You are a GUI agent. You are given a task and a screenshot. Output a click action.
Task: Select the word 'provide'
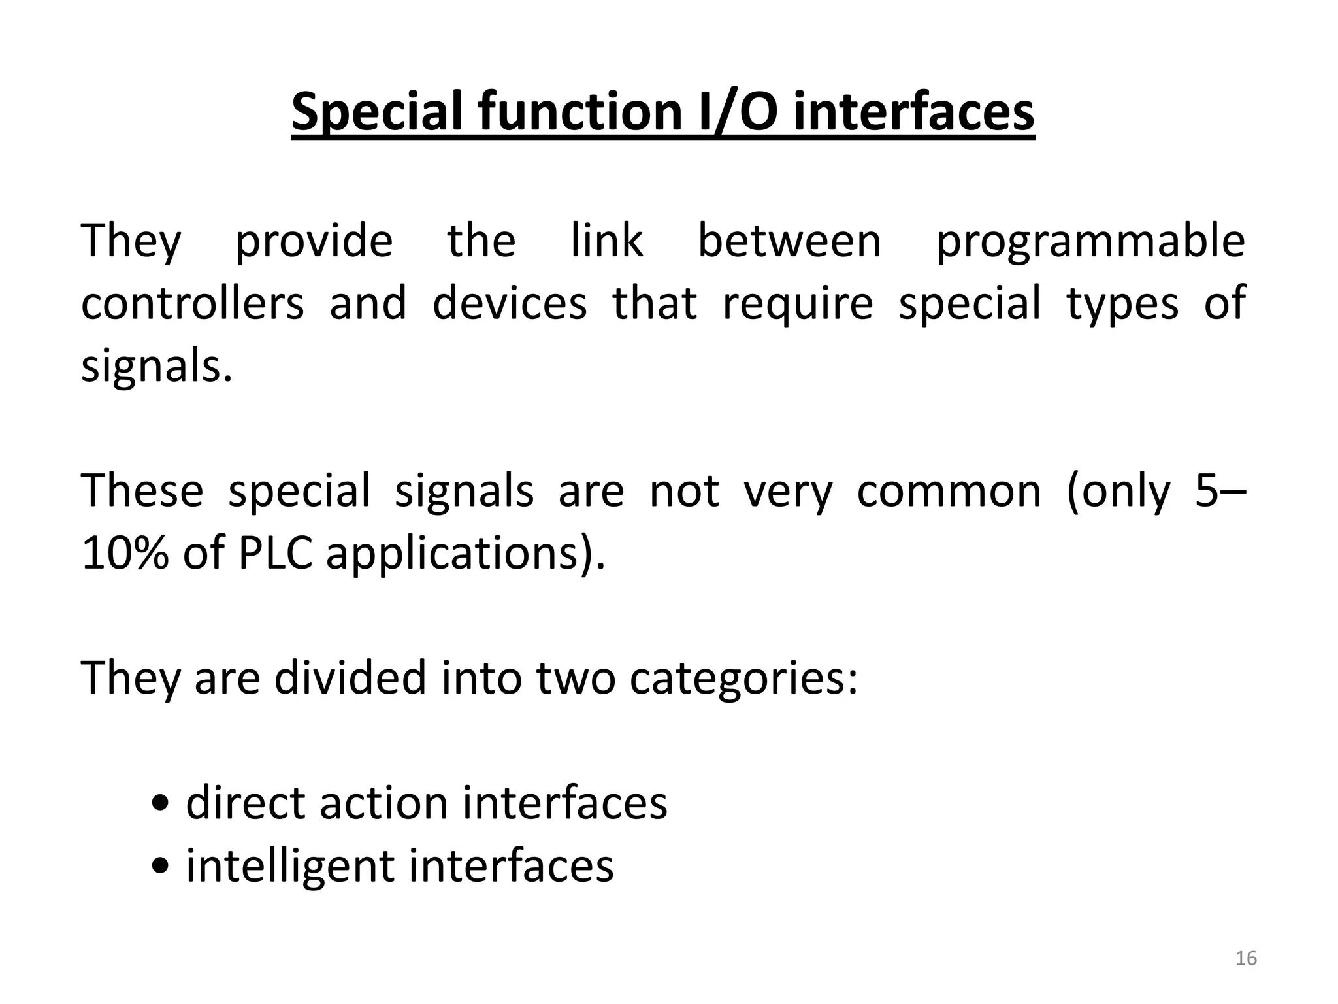pyautogui.click(x=314, y=243)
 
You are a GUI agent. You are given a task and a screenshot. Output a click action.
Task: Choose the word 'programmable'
pyautogui.click(x=1090, y=243)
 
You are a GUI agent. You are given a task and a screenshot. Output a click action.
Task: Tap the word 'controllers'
pyautogui.click(x=193, y=303)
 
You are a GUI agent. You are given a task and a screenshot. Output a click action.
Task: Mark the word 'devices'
pyautogui.click(x=510, y=303)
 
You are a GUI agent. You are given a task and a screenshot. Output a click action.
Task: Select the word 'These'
pyautogui.click(x=142, y=491)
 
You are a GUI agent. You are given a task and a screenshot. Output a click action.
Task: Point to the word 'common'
pyautogui.click(x=949, y=492)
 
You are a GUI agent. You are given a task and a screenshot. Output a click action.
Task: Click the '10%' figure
pyautogui.click(x=124, y=554)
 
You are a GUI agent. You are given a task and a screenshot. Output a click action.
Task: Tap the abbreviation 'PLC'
pyautogui.click(x=275, y=554)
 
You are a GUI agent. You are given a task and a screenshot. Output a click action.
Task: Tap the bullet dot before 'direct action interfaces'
pyautogui.click(x=159, y=804)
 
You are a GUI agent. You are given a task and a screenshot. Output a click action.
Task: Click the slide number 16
pyautogui.click(x=1247, y=959)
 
